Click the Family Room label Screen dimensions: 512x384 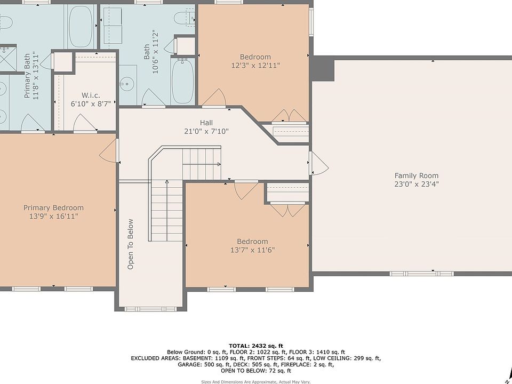pos(417,175)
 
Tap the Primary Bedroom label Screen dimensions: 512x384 pos(53,207)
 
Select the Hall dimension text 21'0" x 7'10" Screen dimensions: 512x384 pos(206,131)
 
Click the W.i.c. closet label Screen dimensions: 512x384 pos(91,95)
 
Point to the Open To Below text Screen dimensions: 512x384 pos(130,244)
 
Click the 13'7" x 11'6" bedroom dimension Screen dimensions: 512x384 pos(252,250)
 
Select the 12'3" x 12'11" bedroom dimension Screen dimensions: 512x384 pos(255,65)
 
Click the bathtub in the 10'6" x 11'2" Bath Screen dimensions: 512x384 pos(182,81)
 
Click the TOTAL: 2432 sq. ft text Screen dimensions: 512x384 pos(256,346)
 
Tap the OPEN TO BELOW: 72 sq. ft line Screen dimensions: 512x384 pos(256,371)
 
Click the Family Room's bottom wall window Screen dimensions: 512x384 pos(421,273)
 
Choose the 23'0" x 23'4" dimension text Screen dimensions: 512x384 pos(417,184)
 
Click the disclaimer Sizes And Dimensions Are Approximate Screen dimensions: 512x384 pos(239,382)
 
